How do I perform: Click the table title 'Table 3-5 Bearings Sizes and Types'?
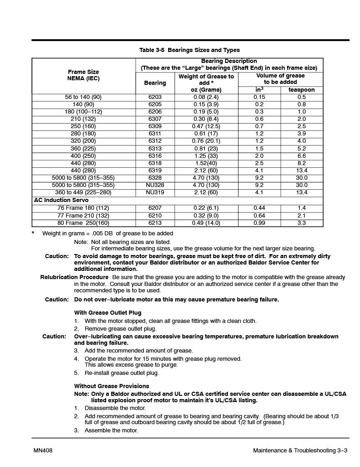pos(189,50)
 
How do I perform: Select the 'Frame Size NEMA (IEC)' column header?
pos(83,75)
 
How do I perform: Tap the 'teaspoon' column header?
pos(301,90)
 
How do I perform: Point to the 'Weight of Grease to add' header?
pos(206,79)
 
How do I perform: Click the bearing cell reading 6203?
pos(155,97)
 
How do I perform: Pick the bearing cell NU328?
pos(155,185)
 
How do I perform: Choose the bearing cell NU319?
pos(155,192)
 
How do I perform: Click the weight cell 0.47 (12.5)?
pos(206,126)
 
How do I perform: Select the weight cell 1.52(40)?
pos(206,163)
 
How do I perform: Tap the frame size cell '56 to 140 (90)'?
pos(83,97)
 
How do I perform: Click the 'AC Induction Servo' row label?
pos(62,200)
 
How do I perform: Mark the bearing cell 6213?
pos(155,223)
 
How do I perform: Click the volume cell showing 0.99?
pos(259,223)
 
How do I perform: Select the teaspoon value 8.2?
pos(301,163)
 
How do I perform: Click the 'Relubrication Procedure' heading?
pos(74,277)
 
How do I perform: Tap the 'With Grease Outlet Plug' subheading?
pos(108,313)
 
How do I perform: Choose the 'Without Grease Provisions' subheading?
pos(112,386)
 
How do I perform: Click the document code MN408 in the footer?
pos(43,451)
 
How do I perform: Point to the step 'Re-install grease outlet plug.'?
pos(122,373)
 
